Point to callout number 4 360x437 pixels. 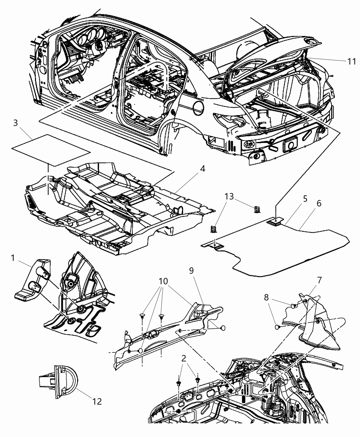[x=203, y=169]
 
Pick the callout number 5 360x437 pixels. [x=295, y=199]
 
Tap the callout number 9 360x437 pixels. [x=191, y=271]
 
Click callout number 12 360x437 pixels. [x=97, y=401]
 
